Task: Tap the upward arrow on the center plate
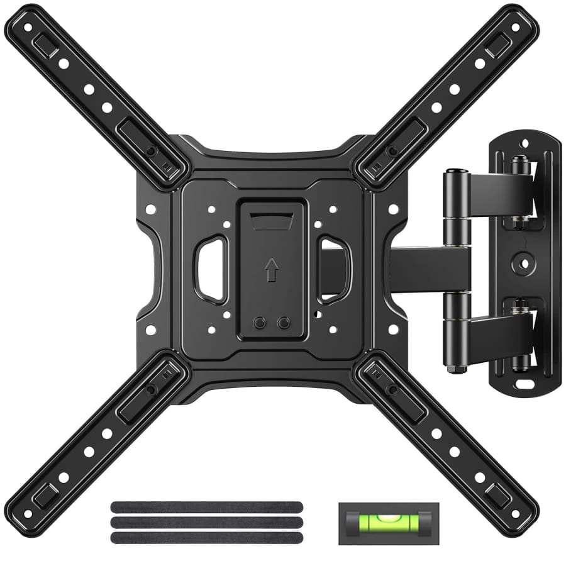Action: pos(271,270)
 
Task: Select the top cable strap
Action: pos(206,507)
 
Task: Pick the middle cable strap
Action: pos(206,522)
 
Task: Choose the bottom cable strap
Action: pos(206,538)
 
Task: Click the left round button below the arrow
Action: pos(258,323)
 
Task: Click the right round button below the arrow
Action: pos(284,323)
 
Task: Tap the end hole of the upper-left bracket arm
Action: pos(28,28)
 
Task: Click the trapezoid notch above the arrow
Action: pos(272,221)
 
